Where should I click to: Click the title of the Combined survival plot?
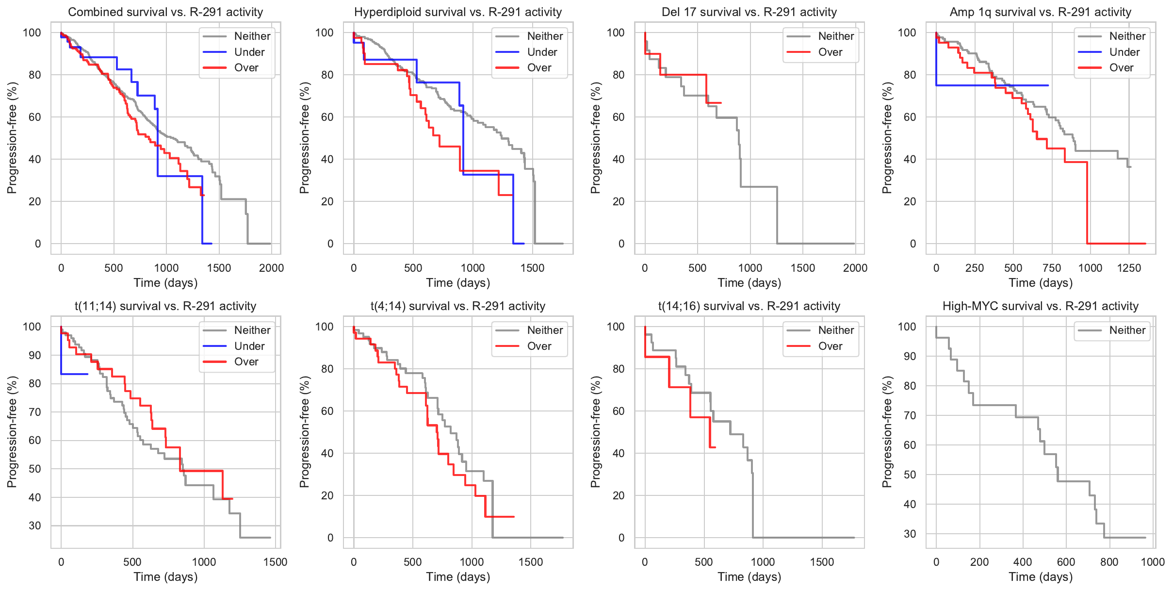click(165, 12)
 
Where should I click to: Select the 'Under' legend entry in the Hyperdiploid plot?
click(542, 52)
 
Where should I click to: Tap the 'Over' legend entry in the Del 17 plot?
click(830, 52)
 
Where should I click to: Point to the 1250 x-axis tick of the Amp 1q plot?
click(1129, 268)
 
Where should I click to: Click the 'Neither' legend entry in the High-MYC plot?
click(1127, 330)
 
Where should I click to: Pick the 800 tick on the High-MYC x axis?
click(1109, 562)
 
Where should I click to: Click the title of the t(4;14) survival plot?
click(458, 306)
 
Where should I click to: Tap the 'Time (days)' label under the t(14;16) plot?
click(749, 576)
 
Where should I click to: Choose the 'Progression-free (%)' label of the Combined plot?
click(12, 138)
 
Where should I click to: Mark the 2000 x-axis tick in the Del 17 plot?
click(855, 268)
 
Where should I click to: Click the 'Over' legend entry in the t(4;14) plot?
click(539, 346)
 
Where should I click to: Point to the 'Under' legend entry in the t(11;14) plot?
click(249, 346)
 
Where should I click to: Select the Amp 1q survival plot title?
click(1041, 12)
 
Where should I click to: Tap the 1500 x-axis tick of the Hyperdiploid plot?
click(532, 268)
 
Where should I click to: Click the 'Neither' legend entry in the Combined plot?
click(252, 36)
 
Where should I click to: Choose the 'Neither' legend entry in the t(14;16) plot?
click(836, 330)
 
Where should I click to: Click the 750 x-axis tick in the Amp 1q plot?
click(1052, 268)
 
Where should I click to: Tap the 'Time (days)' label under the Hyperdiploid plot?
click(458, 282)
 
